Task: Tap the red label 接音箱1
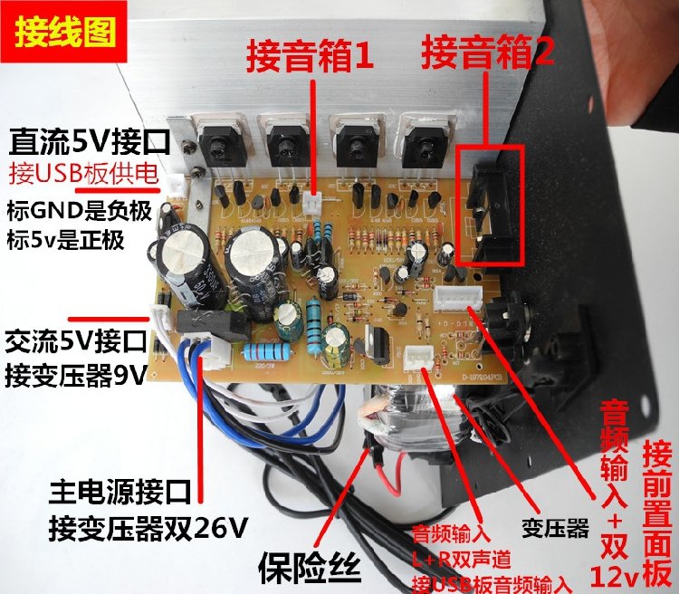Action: coord(311,59)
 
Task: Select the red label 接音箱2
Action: coord(487,57)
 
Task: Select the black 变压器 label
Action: coord(556,524)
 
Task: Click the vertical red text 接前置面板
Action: coord(657,512)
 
